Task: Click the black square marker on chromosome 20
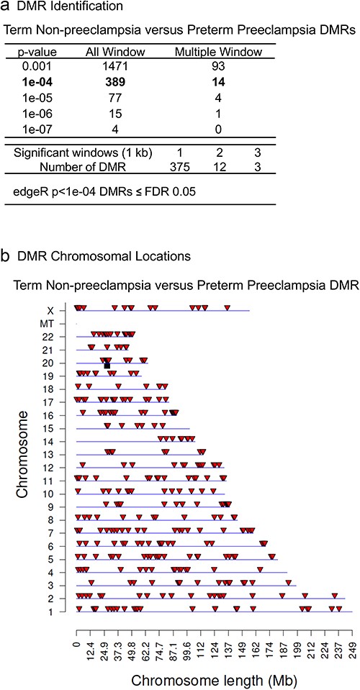107,366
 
